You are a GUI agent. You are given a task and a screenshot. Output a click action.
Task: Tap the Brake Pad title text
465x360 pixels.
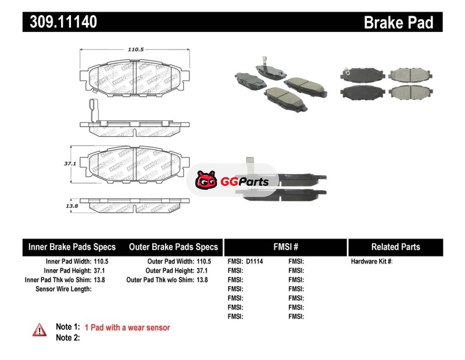click(398, 23)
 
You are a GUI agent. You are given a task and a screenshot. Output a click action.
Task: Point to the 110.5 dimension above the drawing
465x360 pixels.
click(135, 49)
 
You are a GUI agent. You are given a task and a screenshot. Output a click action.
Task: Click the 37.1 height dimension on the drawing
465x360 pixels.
click(70, 164)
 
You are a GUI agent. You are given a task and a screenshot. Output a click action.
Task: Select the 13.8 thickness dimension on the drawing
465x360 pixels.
click(71, 206)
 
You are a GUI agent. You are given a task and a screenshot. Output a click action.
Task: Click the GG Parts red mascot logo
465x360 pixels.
click(206, 181)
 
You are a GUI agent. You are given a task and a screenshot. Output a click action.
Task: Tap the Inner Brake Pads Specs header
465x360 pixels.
click(72, 247)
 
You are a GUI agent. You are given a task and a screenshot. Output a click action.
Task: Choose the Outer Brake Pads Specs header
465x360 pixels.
click(173, 247)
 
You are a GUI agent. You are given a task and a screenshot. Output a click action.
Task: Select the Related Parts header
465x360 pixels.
click(395, 247)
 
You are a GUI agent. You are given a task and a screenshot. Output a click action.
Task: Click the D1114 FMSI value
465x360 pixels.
click(255, 262)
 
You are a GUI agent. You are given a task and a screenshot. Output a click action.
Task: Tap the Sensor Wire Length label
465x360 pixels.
click(64, 288)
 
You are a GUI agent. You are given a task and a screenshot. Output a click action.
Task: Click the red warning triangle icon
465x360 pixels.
click(40, 329)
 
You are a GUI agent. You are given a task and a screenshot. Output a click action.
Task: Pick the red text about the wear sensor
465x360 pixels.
click(127, 327)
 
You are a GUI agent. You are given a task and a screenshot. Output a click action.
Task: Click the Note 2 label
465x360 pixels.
click(67, 337)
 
